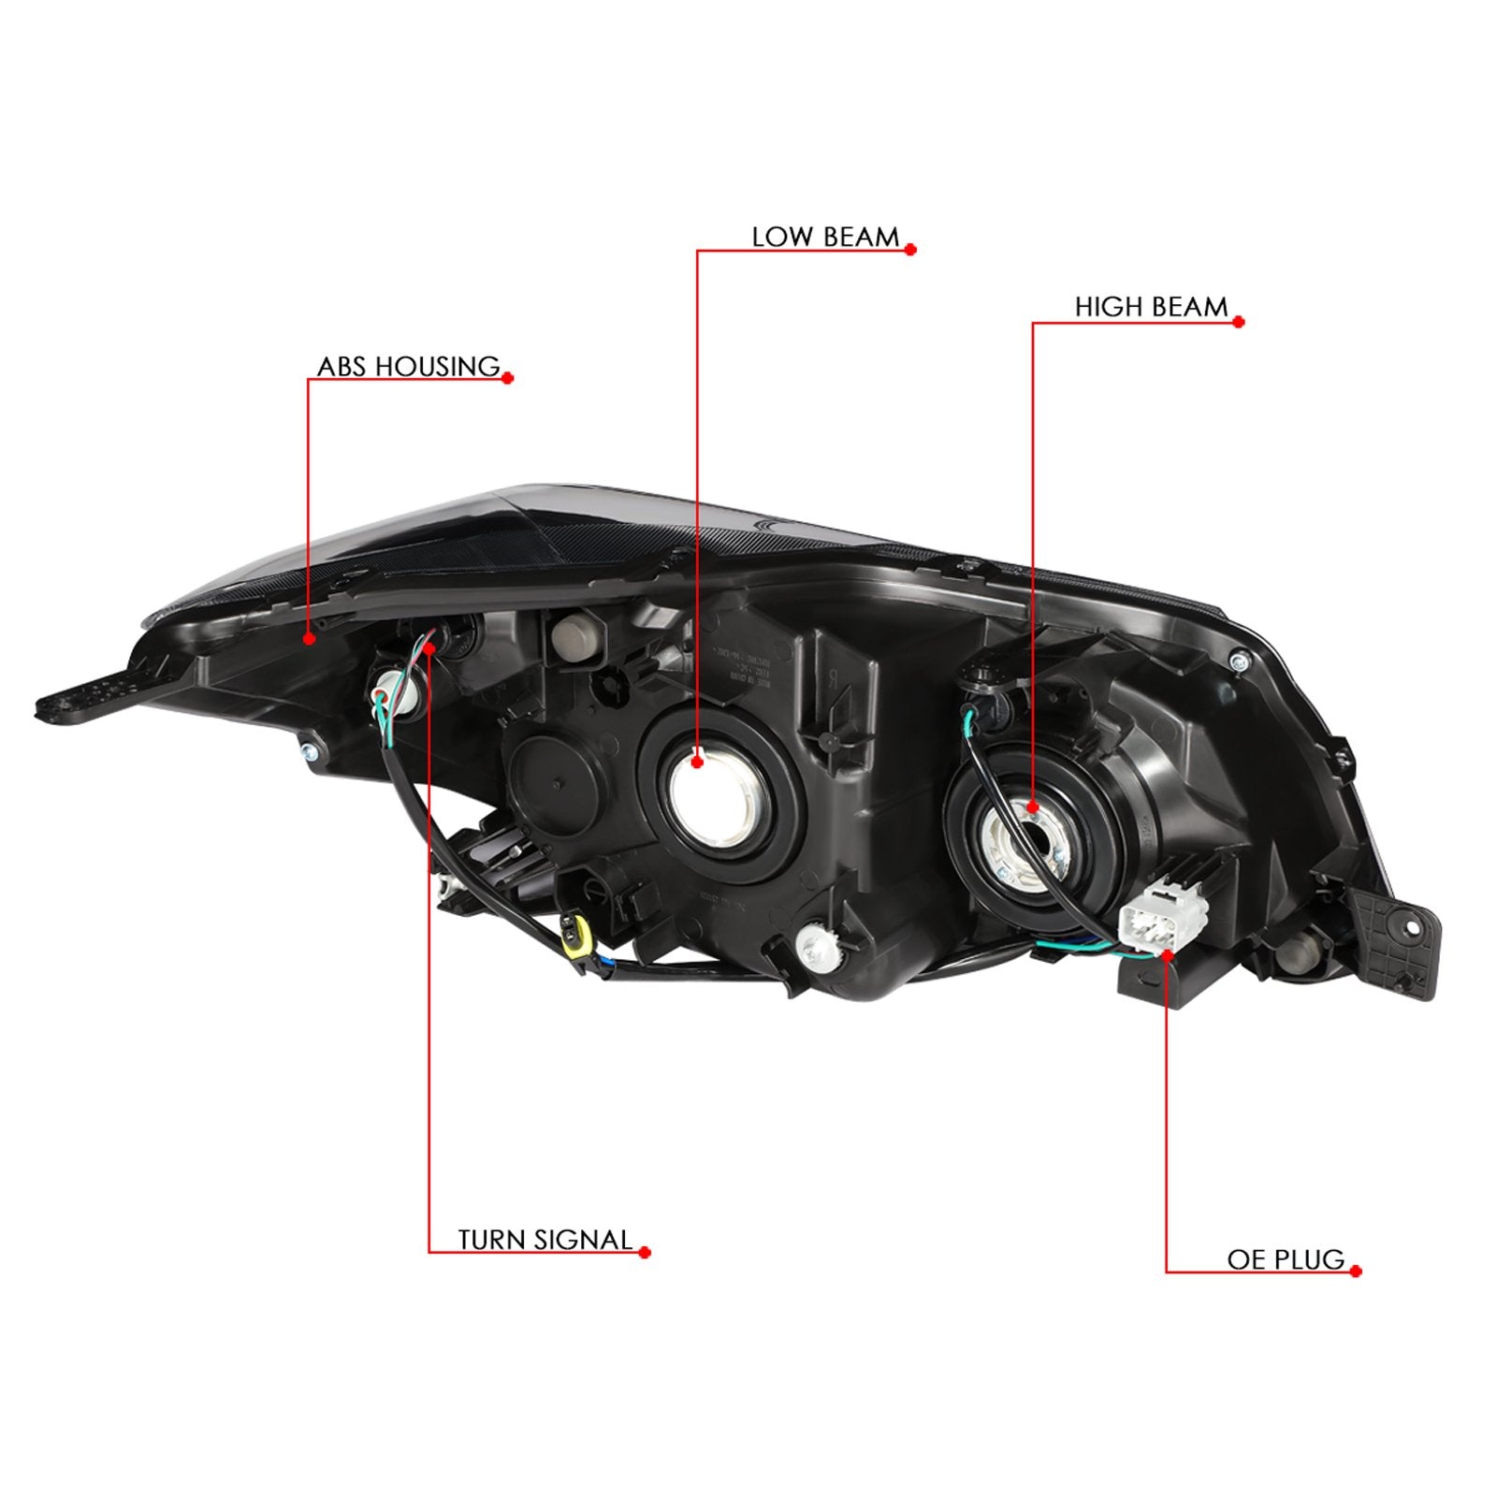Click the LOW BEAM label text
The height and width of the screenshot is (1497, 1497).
coord(825,238)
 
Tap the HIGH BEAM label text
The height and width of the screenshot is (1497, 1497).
coord(1151,308)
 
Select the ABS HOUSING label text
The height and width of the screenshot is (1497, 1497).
coord(409,367)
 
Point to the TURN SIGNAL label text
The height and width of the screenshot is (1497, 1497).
coord(545,1241)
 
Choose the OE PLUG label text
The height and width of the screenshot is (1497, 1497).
coord(1286,1260)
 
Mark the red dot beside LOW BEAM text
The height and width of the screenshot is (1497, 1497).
coord(910,250)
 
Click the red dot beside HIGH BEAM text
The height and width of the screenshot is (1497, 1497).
coord(1239,322)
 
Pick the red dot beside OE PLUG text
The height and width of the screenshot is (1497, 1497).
coord(1357,1272)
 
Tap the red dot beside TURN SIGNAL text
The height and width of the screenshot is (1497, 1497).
coord(645,1253)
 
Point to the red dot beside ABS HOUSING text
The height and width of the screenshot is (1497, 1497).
coord(508,379)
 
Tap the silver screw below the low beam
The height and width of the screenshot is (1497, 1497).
coord(811,946)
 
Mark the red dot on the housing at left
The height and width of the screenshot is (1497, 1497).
coord(309,639)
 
